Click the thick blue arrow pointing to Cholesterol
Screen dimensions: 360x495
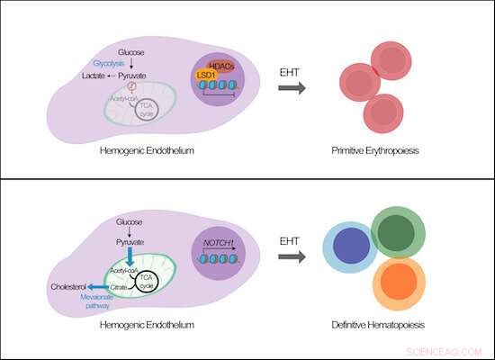[x=99, y=288]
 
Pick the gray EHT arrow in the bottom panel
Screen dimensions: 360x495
[x=292, y=256]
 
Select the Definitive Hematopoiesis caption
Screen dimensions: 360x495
[x=376, y=323]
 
